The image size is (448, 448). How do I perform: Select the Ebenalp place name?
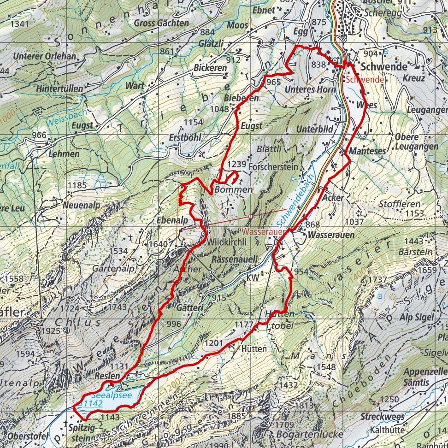click(172, 220)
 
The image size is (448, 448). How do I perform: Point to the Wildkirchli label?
click(224, 242)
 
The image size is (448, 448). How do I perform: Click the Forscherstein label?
click(273, 166)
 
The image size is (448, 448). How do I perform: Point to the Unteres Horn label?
click(310, 89)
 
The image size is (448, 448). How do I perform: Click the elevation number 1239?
click(237, 164)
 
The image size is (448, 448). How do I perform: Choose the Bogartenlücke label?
click(310, 434)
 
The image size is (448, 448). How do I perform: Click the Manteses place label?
click(367, 151)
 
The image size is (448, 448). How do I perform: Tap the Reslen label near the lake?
click(107, 376)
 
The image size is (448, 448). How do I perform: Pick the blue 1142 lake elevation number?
click(91, 403)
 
